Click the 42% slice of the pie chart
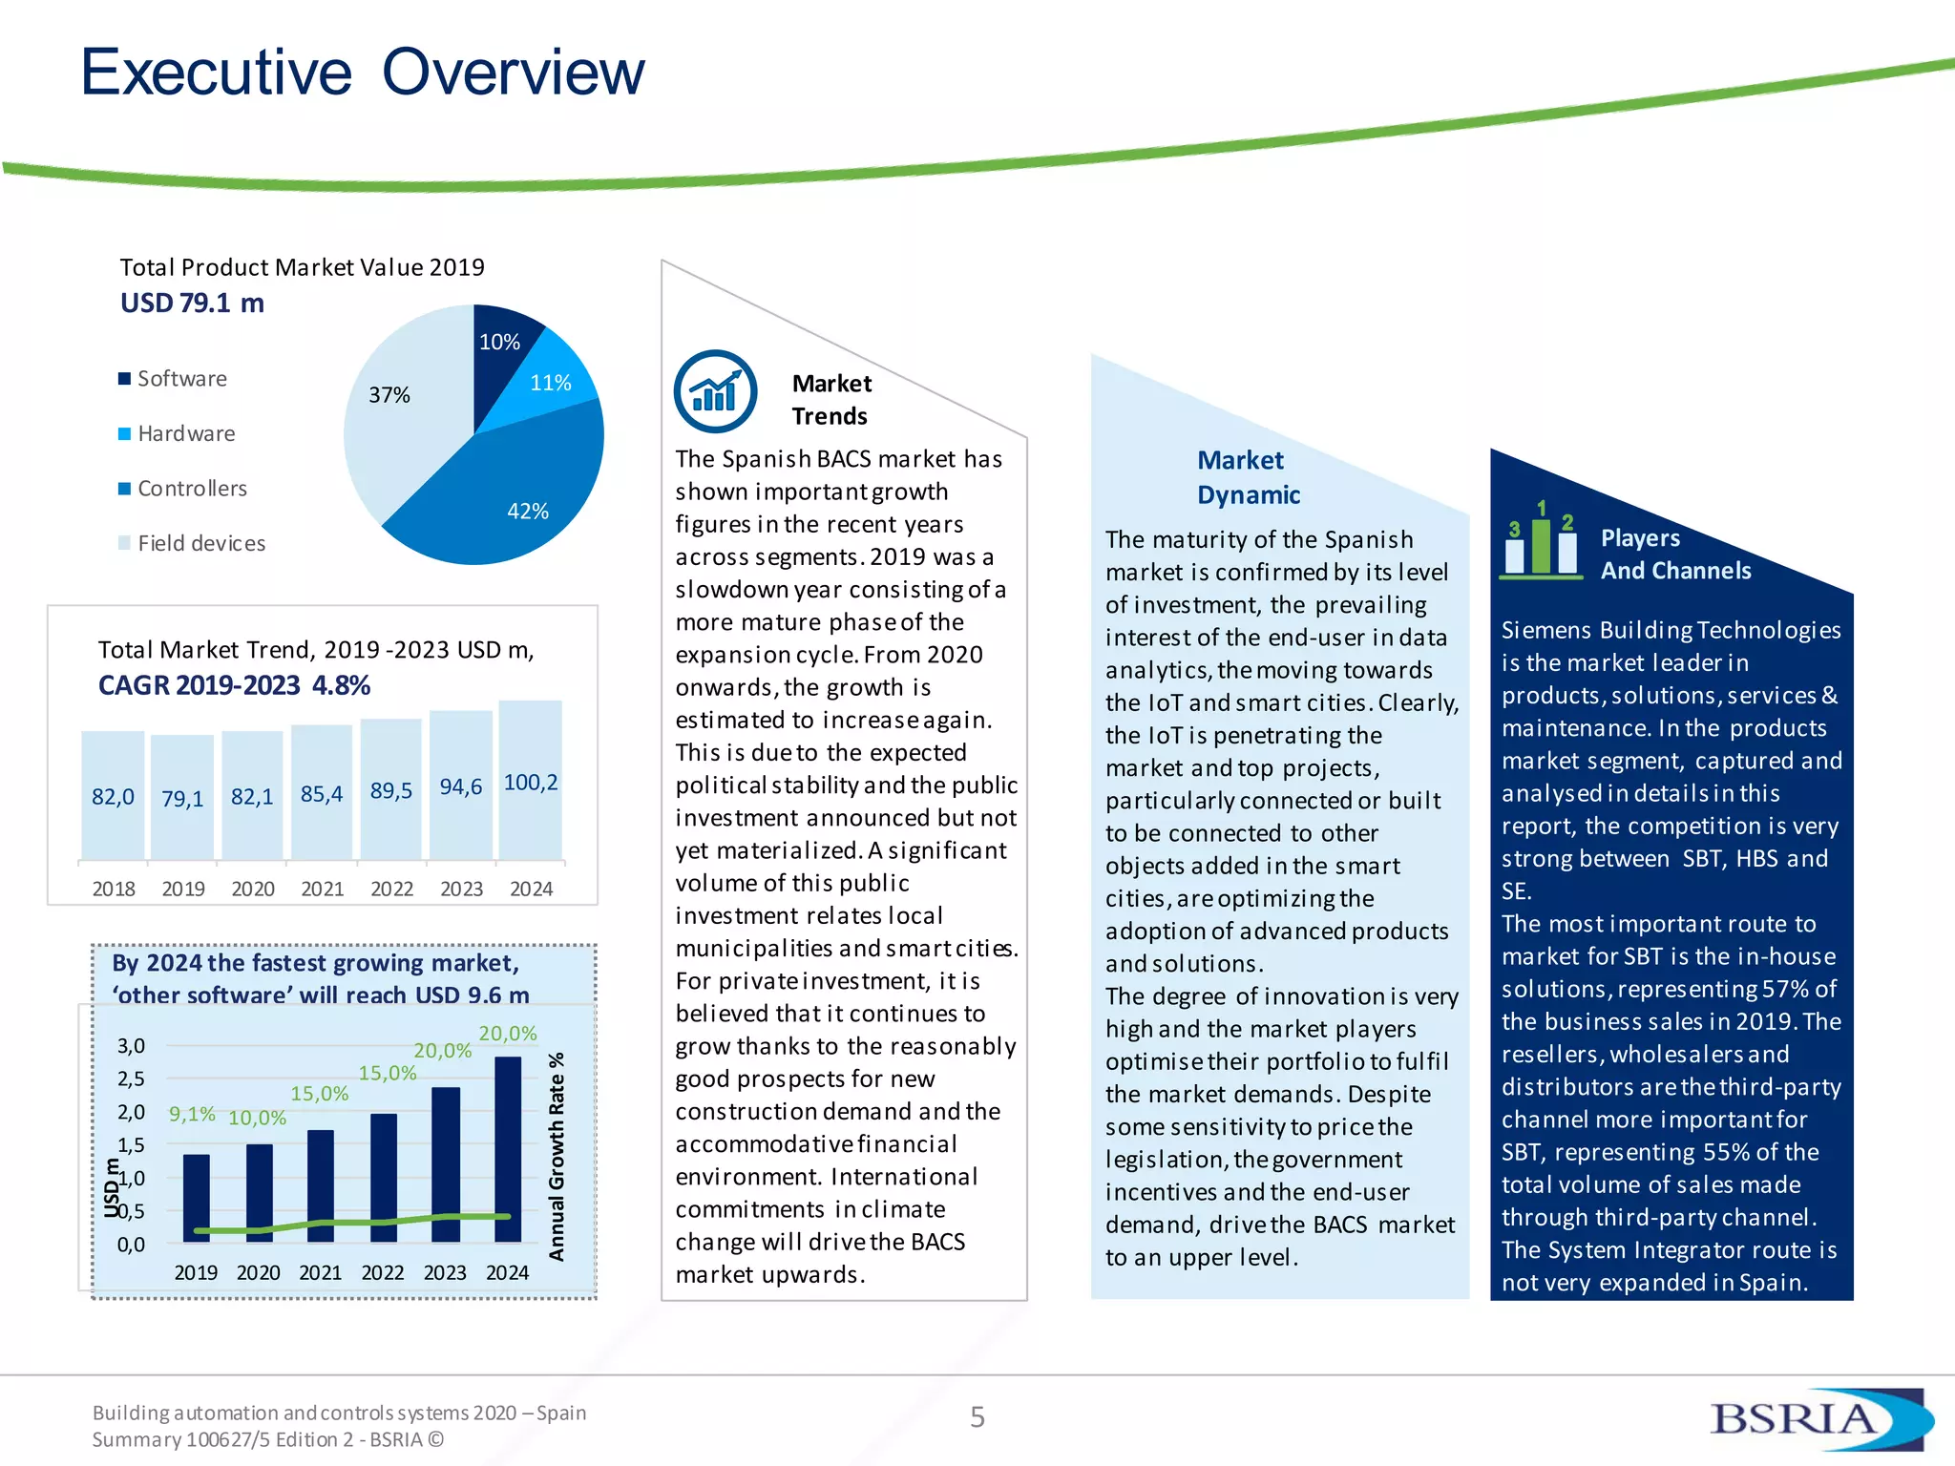pos(515,487)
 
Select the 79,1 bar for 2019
pos(182,798)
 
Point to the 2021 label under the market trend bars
pos(323,889)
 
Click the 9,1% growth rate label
pos(192,1114)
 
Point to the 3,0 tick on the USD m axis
pos(132,1046)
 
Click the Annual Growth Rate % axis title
pos(557,1157)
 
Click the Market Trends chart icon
pos(715,391)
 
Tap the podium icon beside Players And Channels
pos(1541,542)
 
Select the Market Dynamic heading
pos(1248,477)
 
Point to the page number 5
pos(977,1417)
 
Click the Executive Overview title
pos(363,73)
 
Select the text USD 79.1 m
pos(192,304)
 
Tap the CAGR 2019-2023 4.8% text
pos(234,685)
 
